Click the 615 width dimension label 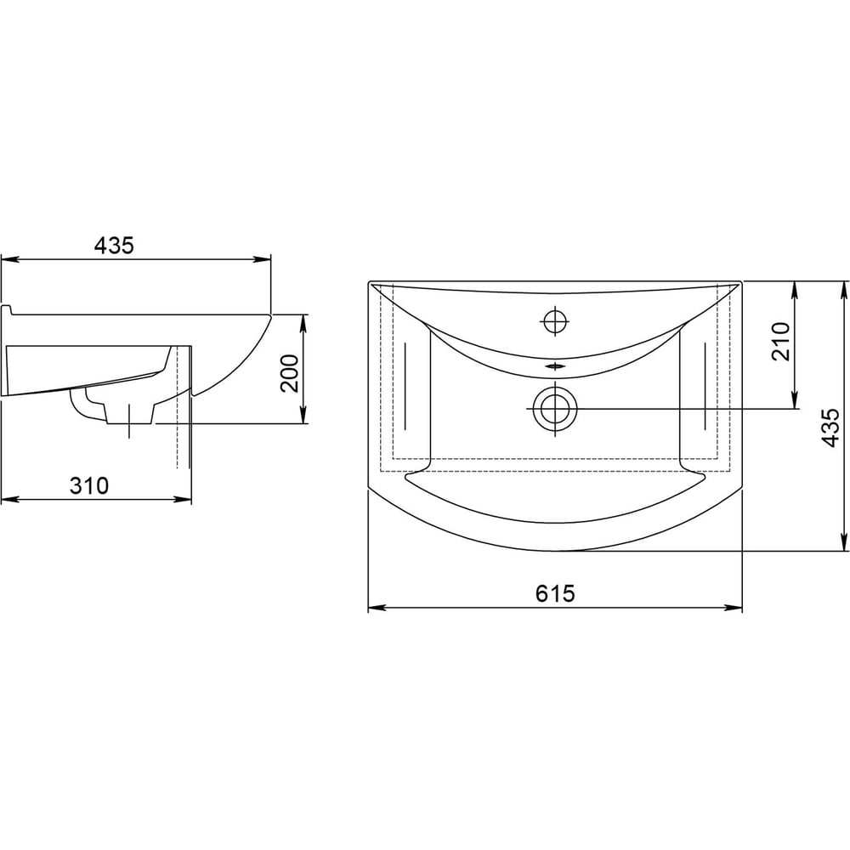554,593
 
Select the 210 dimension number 780,342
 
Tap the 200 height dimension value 290,373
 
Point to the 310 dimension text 89,485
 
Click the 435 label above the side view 114,246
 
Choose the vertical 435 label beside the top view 830,428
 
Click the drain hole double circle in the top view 555,408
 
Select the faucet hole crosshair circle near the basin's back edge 555,321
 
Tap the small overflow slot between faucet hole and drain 555,366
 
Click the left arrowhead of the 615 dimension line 374,607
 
